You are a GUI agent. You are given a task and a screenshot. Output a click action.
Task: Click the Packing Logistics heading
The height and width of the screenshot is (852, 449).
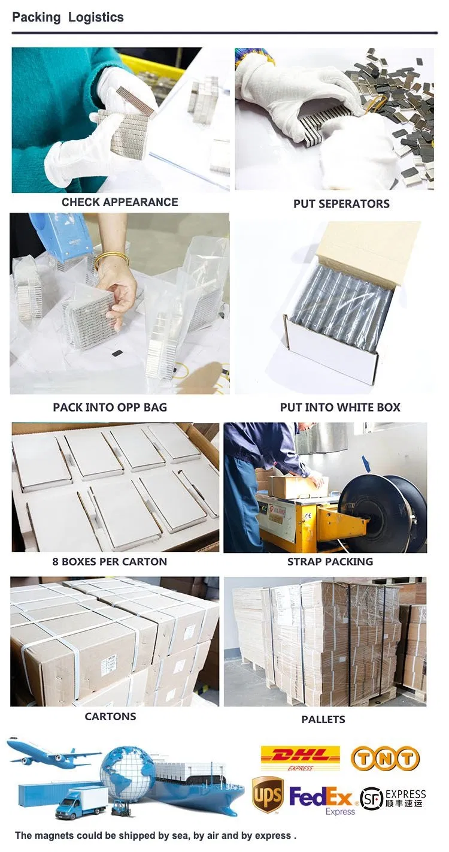click(x=68, y=17)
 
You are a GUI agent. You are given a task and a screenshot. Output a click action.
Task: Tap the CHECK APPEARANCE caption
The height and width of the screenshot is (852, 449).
click(x=120, y=202)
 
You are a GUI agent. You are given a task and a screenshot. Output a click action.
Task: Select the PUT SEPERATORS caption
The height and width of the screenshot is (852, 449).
click(x=341, y=204)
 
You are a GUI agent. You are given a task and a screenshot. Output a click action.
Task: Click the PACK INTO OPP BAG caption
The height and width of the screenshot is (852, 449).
click(x=110, y=407)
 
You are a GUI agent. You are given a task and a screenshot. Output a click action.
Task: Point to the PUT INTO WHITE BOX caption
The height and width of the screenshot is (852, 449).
click(x=340, y=407)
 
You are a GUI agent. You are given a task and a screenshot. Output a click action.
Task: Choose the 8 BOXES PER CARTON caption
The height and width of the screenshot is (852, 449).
click(x=110, y=562)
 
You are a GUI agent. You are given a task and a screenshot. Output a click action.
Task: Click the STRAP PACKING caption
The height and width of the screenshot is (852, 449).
click(x=330, y=562)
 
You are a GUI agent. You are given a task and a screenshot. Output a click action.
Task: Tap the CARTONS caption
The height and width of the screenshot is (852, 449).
click(x=110, y=717)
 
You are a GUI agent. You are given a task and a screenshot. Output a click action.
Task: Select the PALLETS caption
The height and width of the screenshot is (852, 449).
click(x=323, y=719)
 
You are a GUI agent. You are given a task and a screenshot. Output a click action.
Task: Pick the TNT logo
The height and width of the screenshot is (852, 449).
click(x=384, y=759)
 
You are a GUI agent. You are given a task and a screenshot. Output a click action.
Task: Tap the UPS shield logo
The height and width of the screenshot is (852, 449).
click(x=267, y=794)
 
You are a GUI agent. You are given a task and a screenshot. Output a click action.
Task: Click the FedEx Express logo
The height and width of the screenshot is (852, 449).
click(x=322, y=799)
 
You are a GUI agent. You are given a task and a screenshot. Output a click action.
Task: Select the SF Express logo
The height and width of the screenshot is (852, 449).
click(x=393, y=798)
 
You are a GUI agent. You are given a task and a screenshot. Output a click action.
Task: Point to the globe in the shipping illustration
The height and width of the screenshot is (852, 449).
click(x=127, y=773)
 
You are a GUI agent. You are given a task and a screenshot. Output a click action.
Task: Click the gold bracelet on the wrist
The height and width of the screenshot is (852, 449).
click(x=112, y=258)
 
